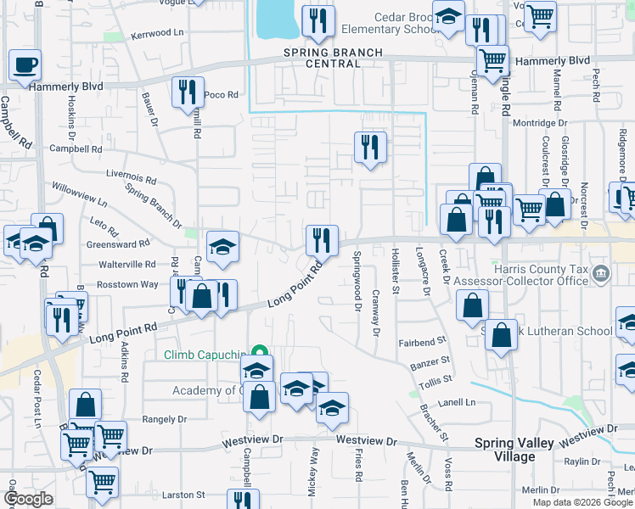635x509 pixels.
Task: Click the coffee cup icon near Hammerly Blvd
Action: [x=25, y=64]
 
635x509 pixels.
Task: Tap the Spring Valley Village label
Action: [x=516, y=450]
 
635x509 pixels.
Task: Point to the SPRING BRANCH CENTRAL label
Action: [x=333, y=59]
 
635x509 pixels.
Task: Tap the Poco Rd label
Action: [x=221, y=95]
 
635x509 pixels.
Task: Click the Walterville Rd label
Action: [x=127, y=265]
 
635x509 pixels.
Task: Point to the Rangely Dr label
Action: [x=163, y=419]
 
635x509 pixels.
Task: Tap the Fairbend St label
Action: [x=422, y=342]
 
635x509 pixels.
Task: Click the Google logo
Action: [x=29, y=499]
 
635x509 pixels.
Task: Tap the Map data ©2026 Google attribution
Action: [x=582, y=502]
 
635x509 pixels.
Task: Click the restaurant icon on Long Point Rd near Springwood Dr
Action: [x=321, y=239]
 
